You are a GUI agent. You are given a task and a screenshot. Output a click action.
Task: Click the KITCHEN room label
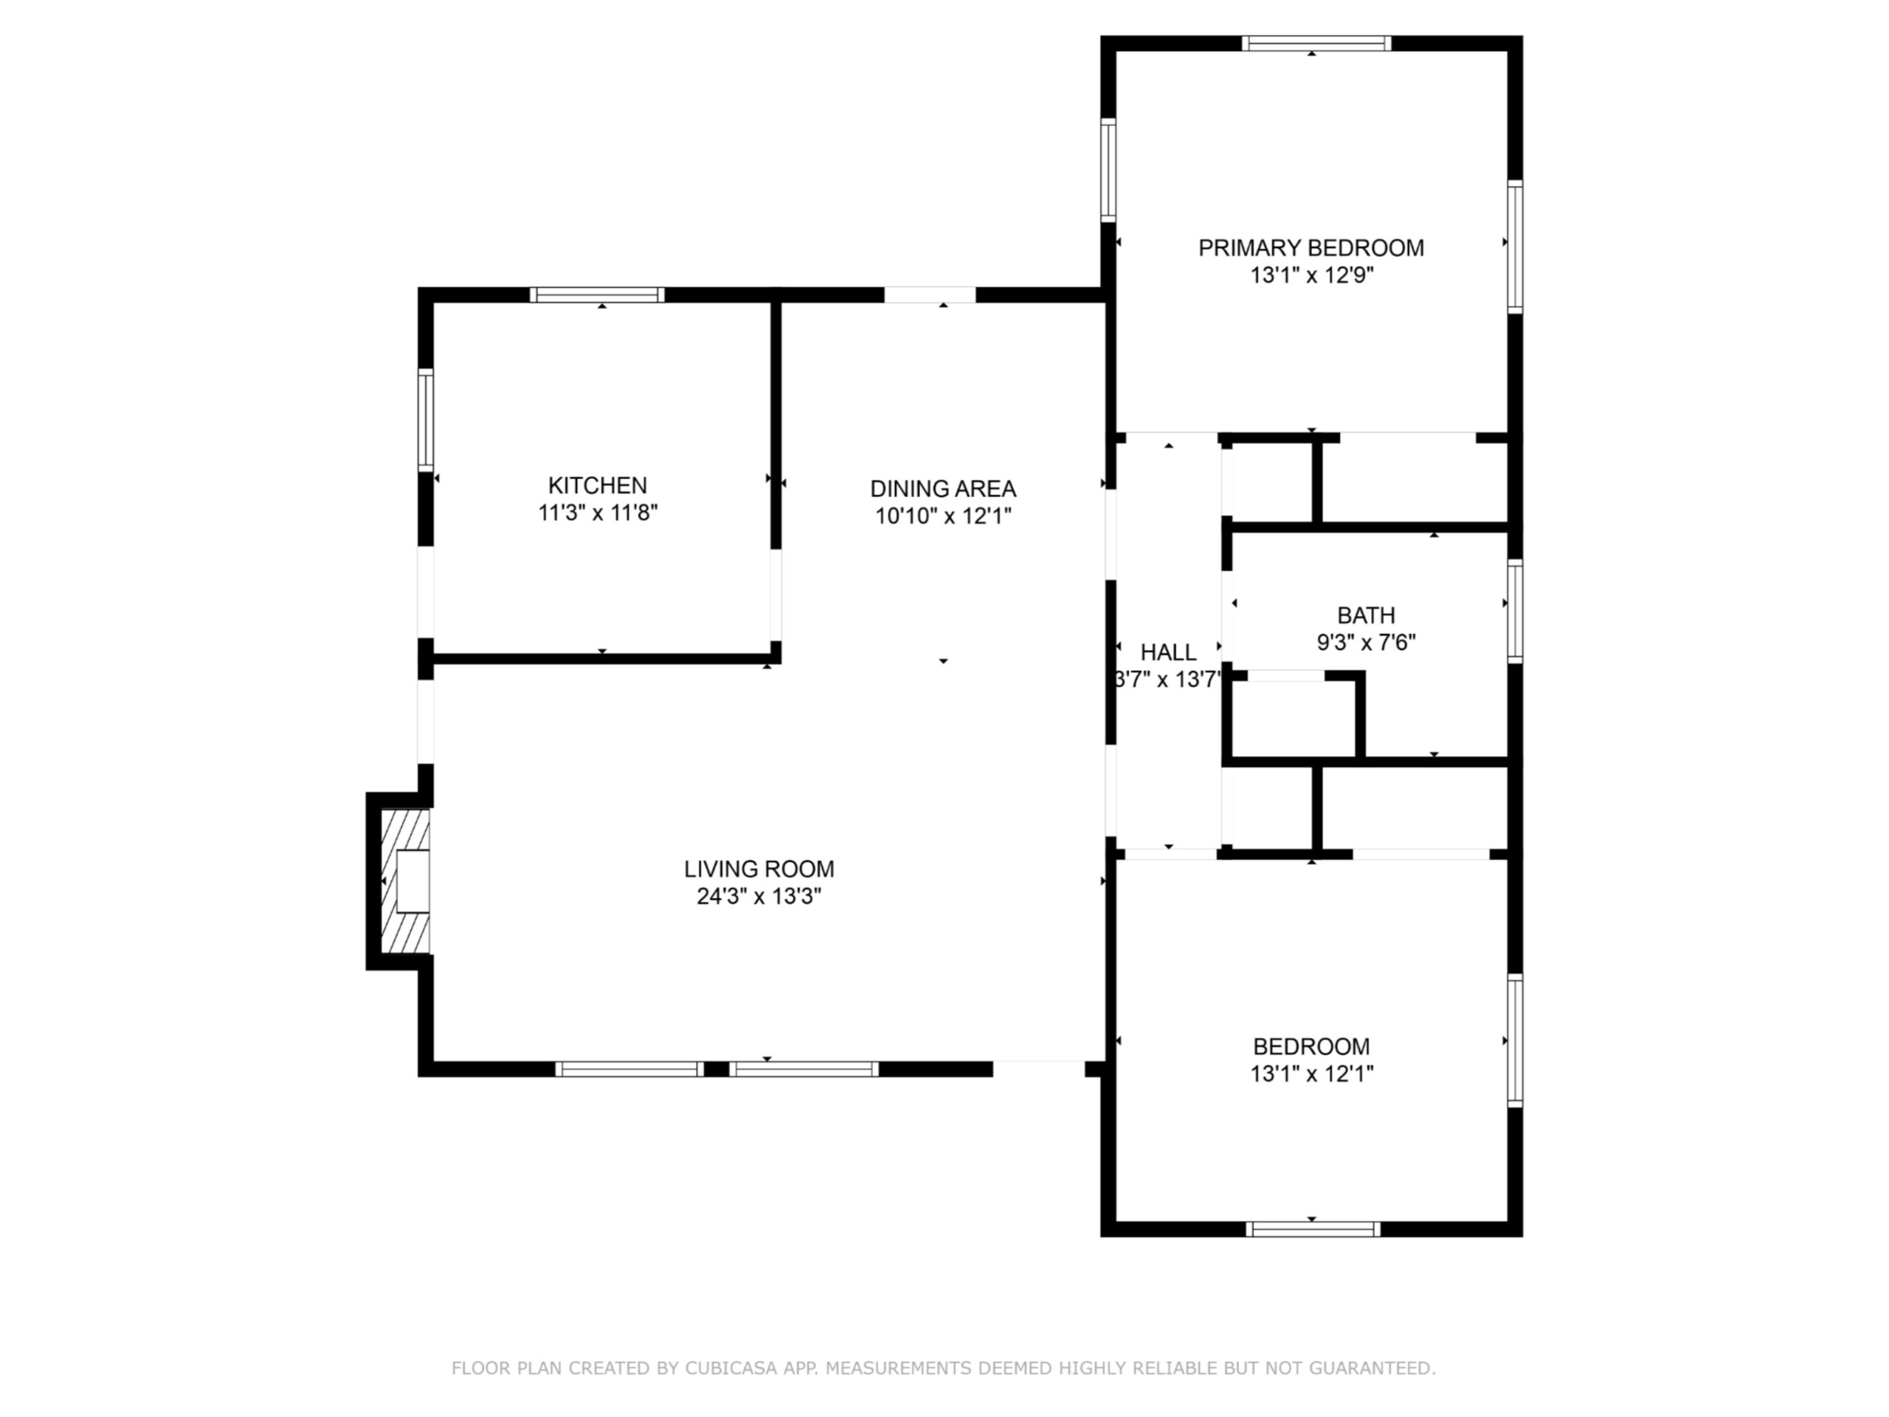click(597, 485)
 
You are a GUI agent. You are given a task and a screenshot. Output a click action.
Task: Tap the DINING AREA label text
click(943, 489)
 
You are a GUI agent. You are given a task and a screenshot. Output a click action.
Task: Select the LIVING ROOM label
click(759, 869)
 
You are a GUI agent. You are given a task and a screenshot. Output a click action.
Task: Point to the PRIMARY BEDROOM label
click(1310, 248)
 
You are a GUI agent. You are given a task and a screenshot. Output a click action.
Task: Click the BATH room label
click(1367, 615)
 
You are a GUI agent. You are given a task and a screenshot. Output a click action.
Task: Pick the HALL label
click(1168, 652)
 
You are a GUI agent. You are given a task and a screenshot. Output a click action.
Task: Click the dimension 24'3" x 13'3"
click(759, 896)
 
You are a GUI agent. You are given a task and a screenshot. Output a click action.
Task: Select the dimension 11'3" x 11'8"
click(597, 512)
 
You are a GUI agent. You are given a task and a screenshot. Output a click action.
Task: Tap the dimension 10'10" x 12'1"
click(943, 516)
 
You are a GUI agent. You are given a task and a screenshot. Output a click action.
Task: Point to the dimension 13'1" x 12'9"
click(1310, 275)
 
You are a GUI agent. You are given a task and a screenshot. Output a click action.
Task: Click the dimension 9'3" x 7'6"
click(1367, 642)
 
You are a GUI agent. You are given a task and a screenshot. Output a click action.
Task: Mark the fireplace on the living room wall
click(404, 880)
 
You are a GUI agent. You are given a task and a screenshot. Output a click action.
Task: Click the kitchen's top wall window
click(597, 294)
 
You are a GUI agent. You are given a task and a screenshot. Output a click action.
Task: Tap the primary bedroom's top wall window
click(1316, 44)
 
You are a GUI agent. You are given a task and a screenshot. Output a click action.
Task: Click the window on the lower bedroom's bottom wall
click(1313, 1229)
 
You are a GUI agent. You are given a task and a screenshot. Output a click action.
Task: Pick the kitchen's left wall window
click(425, 419)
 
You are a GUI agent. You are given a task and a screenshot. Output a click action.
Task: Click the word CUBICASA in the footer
click(731, 1368)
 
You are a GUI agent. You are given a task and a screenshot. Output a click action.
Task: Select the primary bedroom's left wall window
click(1108, 170)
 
